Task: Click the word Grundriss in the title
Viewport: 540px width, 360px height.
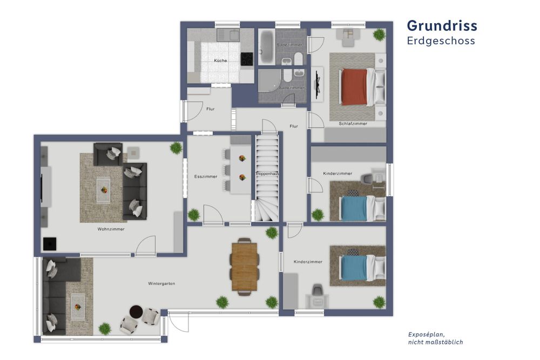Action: click(x=442, y=26)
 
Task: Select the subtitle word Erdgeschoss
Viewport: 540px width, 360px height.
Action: click(x=441, y=41)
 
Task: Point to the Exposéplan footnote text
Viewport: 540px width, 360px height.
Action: click(x=435, y=338)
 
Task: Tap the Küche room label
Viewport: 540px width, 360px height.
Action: click(x=220, y=60)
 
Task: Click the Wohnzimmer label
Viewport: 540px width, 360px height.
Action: click(x=111, y=229)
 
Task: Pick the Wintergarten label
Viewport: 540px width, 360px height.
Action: click(x=161, y=283)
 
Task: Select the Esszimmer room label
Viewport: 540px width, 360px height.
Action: click(x=205, y=176)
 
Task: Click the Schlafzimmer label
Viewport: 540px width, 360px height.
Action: click(x=353, y=124)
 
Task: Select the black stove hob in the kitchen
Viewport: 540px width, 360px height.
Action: click(x=246, y=59)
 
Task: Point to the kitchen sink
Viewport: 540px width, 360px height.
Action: click(x=228, y=36)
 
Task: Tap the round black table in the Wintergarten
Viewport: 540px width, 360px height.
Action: click(x=135, y=312)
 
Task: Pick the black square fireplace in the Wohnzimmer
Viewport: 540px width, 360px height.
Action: click(x=50, y=244)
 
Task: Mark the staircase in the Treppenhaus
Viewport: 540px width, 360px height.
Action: click(x=267, y=178)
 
